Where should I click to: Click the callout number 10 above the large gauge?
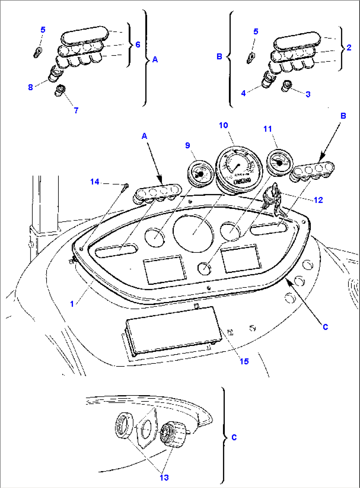coord(224,125)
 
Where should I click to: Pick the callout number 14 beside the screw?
coord(95,182)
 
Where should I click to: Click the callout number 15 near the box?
coord(244,361)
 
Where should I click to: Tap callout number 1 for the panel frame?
coord(72,304)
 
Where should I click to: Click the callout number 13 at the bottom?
coord(164,477)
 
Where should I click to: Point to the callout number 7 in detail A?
coord(76,110)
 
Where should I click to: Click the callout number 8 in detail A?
coord(30,87)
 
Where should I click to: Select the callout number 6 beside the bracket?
coord(138,44)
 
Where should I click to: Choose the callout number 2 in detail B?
coord(349,47)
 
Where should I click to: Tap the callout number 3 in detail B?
coord(308,94)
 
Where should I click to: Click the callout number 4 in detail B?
coord(243,93)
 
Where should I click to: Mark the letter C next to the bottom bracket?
coord(234,437)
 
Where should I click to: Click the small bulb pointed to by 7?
coord(60,90)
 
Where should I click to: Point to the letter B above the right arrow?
coord(343,116)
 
